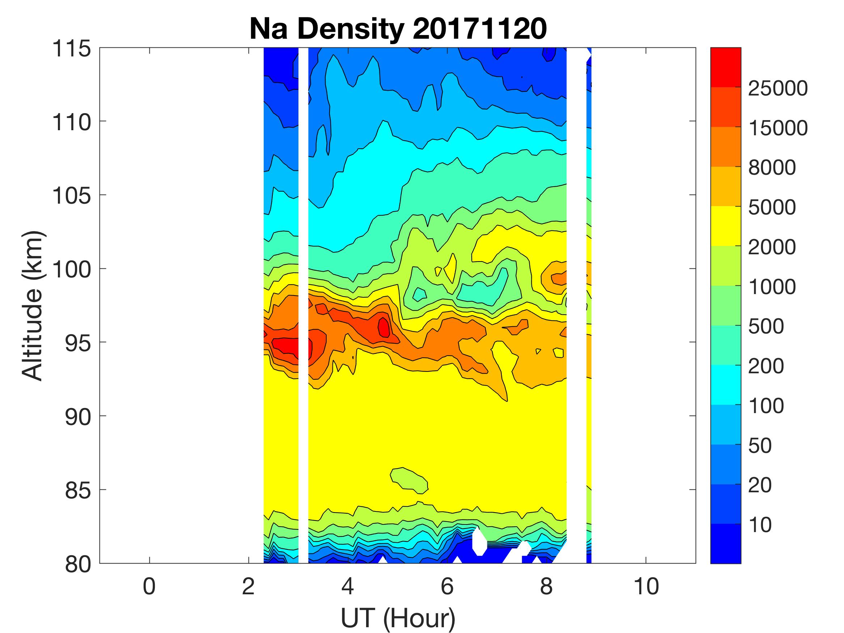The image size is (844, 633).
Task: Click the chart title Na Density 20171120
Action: coord(398,29)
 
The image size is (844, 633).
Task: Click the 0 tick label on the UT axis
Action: coord(149,586)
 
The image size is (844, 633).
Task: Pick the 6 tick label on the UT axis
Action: coord(447,586)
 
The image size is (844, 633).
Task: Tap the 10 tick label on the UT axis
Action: coord(646,586)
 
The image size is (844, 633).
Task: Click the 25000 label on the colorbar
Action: coord(777,89)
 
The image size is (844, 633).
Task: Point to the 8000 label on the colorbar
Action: coord(772,167)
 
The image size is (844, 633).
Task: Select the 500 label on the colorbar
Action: coord(766,327)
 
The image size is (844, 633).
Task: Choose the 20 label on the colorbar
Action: coord(760,485)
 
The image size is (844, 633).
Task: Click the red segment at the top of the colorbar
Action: coord(725,67)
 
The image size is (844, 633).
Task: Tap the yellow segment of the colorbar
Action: coord(725,226)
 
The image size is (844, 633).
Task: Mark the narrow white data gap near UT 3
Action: coord(303,305)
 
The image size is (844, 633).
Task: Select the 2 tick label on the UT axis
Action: coord(249,586)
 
